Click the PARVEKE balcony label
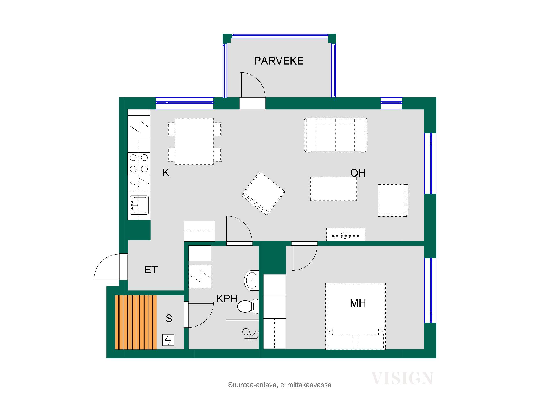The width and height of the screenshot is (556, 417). [x=279, y=61]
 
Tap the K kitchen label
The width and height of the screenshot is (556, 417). [x=166, y=173]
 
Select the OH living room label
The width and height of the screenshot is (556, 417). [x=358, y=173]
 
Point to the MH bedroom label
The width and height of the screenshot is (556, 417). [x=358, y=303]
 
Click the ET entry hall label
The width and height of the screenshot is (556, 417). [x=151, y=270]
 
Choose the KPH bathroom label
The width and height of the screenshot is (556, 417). [x=227, y=299]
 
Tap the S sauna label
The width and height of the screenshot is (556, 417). [x=169, y=319]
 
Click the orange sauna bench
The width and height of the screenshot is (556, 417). [x=136, y=322]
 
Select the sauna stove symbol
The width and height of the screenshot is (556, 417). [x=168, y=340]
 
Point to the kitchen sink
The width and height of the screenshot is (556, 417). [x=139, y=205]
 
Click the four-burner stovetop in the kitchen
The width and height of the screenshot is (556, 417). [x=139, y=163]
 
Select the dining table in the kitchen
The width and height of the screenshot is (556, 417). [x=194, y=141]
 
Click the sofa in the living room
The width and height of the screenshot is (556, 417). [x=336, y=135]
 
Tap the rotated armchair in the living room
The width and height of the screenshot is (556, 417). [x=263, y=193]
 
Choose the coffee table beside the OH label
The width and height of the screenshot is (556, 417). [x=334, y=189]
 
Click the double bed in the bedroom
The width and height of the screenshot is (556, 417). [x=356, y=316]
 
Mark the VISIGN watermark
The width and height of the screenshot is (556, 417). [x=402, y=378]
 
